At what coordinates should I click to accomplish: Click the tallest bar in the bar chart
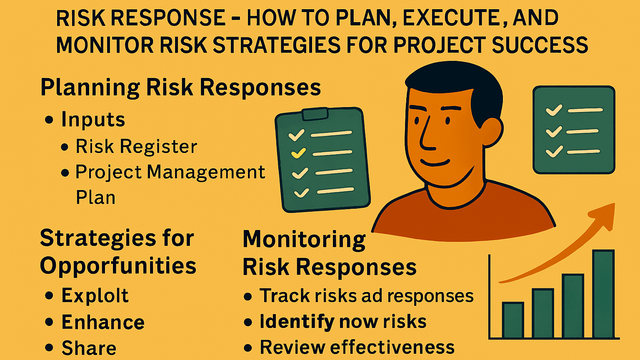(x=603, y=294)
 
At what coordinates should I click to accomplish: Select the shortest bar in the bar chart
(x=512, y=320)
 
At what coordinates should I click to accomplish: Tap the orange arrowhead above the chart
(x=604, y=215)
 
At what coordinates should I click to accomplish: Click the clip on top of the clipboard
(x=315, y=114)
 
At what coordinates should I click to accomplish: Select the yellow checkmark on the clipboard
(x=299, y=153)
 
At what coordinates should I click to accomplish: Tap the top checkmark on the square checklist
(x=554, y=110)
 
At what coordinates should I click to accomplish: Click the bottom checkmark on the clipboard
(x=301, y=192)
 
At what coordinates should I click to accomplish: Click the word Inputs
(x=93, y=120)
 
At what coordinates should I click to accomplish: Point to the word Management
(x=206, y=172)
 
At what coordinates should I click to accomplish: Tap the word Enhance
(x=103, y=322)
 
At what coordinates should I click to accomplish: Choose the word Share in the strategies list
(x=89, y=348)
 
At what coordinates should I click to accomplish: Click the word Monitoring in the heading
(x=304, y=240)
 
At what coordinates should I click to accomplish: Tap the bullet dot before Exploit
(x=49, y=296)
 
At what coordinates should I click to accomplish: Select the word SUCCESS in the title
(x=540, y=45)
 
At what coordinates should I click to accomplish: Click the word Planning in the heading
(x=90, y=88)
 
